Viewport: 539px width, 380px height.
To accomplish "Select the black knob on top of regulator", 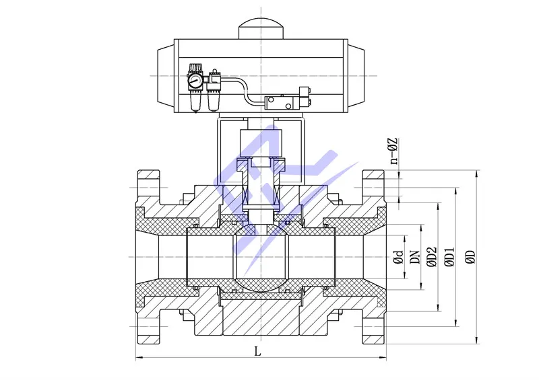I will tap(196, 67).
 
